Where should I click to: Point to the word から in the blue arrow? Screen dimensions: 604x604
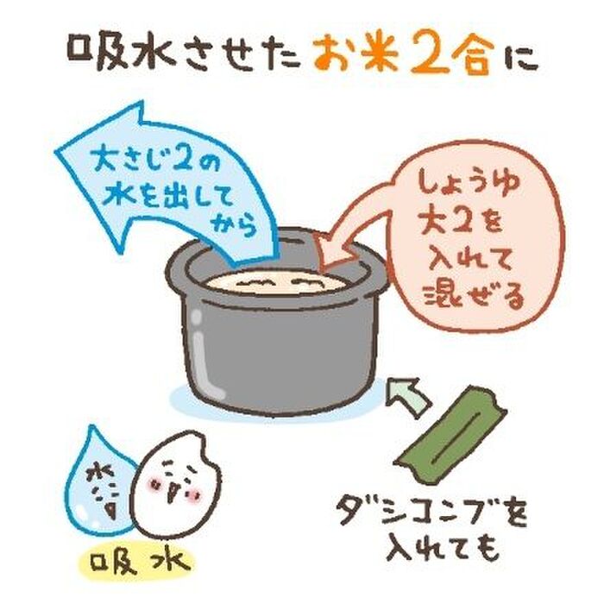(234, 225)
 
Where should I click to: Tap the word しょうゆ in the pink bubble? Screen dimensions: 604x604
(468, 184)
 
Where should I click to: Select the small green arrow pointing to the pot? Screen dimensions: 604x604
(406, 397)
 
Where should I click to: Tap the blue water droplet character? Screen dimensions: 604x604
(98, 481)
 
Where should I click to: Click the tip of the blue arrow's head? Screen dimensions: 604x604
(56, 151)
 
